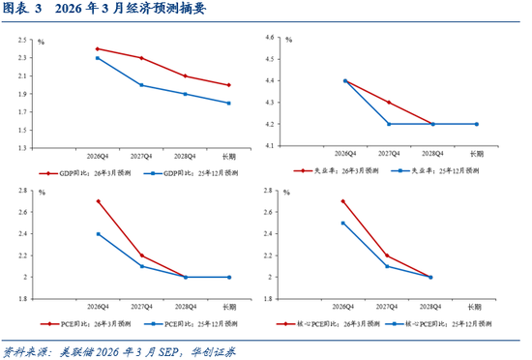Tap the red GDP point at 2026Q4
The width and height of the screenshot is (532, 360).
click(98, 48)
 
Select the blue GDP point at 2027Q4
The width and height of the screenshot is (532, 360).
click(141, 85)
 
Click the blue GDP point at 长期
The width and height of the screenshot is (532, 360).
click(228, 103)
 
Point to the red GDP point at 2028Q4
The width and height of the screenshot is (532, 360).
click(185, 75)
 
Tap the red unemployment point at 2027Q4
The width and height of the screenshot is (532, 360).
click(389, 103)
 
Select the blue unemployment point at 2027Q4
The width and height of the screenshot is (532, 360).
click(389, 124)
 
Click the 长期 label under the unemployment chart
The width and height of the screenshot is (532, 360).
click(477, 154)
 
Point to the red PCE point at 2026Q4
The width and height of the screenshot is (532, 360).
click(98, 201)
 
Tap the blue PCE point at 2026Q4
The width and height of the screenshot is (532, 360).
click(98, 234)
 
